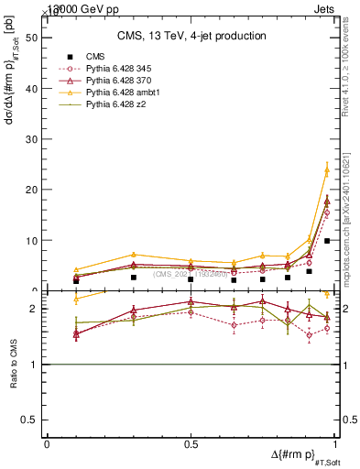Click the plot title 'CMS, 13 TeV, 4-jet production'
click(191, 36)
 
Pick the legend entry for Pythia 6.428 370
click(117, 82)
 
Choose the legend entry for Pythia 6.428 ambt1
click(120, 93)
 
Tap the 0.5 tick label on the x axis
click(191, 444)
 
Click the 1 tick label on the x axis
click(334, 444)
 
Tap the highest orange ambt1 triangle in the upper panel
click(327, 169)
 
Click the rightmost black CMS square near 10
click(327, 241)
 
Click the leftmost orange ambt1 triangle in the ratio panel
click(76, 299)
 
